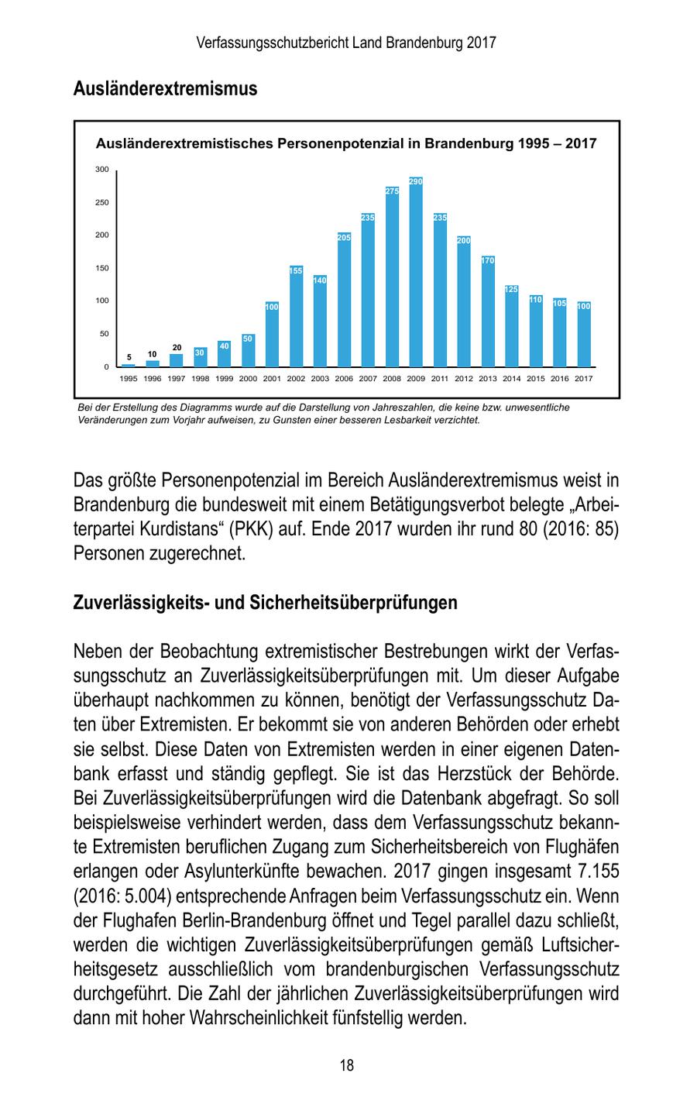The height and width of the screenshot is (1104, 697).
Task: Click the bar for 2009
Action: pos(416,275)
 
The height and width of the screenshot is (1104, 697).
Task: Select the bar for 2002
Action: pos(296,318)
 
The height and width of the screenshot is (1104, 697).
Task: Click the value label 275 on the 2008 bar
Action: pos(392,191)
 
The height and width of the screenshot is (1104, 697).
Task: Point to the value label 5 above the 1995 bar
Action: pos(129,357)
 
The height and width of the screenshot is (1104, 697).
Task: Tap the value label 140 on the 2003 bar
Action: pos(320,280)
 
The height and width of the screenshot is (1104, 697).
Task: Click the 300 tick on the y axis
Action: pos(102,170)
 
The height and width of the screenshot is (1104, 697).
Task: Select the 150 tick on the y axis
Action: pos(102,268)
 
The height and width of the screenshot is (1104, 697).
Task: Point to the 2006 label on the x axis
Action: pos(344,379)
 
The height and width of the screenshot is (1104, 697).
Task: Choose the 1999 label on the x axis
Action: pos(224,379)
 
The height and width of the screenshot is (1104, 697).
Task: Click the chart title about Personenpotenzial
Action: pos(345,143)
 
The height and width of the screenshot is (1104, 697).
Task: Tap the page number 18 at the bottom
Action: pos(347,1065)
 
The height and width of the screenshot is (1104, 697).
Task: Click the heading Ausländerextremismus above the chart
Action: pos(165,89)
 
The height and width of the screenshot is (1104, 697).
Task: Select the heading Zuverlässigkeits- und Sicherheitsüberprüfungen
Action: pos(265,602)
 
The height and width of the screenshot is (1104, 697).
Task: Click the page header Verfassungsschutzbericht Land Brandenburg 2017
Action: pos(346,43)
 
